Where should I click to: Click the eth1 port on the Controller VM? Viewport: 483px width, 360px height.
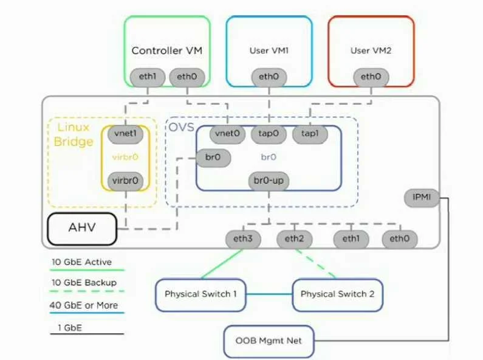click(148, 77)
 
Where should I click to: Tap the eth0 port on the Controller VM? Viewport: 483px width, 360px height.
click(187, 77)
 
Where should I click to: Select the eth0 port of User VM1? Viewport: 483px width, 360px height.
click(269, 77)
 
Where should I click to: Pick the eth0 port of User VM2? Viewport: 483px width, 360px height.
click(371, 77)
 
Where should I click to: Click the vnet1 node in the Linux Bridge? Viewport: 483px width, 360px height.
click(125, 134)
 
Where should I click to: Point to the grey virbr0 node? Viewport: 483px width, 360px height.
click(125, 181)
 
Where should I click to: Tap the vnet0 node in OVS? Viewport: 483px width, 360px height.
click(227, 134)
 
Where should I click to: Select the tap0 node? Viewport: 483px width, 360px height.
click(269, 134)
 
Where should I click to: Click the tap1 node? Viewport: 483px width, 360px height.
click(310, 134)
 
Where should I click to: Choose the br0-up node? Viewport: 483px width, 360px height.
click(269, 181)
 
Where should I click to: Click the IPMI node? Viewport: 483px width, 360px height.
click(422, 198)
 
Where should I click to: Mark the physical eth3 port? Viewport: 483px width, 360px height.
click(243, 239)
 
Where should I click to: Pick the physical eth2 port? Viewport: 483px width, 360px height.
click(295, 239)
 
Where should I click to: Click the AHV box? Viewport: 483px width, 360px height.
click(82, 229)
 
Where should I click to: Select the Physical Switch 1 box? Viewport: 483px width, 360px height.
click(200, 295)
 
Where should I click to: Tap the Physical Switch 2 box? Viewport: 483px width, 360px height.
click(337, 295)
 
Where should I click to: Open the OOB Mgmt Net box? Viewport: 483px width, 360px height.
click(269, 342)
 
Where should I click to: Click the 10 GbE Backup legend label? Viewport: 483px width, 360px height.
click(84, 283)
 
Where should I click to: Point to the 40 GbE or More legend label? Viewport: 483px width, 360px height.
click(84, 305)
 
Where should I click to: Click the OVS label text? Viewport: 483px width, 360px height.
click(182, 127)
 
